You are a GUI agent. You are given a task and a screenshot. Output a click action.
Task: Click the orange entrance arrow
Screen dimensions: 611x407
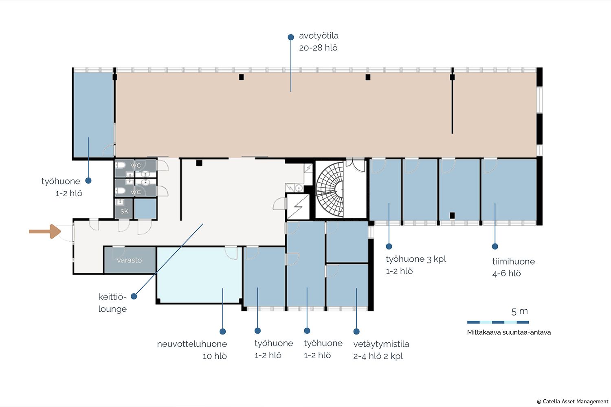(45, 232)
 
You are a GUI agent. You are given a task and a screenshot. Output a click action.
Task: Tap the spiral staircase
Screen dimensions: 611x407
(330, 189)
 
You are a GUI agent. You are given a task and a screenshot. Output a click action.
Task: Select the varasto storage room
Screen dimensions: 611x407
(130, 260)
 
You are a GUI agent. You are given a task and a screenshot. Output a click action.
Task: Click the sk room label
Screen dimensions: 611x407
(124, 211)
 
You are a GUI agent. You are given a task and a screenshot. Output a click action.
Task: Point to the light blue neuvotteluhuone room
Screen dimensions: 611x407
(200, 274)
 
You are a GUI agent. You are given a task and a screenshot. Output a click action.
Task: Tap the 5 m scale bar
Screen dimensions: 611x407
(498, 322)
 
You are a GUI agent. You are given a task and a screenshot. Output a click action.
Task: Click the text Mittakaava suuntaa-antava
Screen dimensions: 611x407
(509, 332)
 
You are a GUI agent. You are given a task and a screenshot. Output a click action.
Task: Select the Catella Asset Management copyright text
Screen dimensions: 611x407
(573, 402)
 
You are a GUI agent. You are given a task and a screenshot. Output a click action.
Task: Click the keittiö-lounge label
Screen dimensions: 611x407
(112, 303)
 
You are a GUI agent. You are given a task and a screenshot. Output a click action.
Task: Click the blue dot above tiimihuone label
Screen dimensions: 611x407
(495, 246)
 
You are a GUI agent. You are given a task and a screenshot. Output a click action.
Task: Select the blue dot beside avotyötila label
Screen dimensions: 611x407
(291, 37)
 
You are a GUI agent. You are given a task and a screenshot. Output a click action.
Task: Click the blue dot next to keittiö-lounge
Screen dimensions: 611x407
(134, 296)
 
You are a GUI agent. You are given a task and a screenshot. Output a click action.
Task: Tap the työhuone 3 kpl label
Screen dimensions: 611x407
(416, 265)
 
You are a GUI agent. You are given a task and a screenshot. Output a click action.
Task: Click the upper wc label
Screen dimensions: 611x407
(136, 165)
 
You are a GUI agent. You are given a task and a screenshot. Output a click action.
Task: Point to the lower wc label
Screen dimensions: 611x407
(136, 192)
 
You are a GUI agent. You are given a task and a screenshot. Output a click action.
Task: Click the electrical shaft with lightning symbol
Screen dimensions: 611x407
(298, 207)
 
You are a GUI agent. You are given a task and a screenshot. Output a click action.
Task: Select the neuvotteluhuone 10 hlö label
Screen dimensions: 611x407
(192, 350)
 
